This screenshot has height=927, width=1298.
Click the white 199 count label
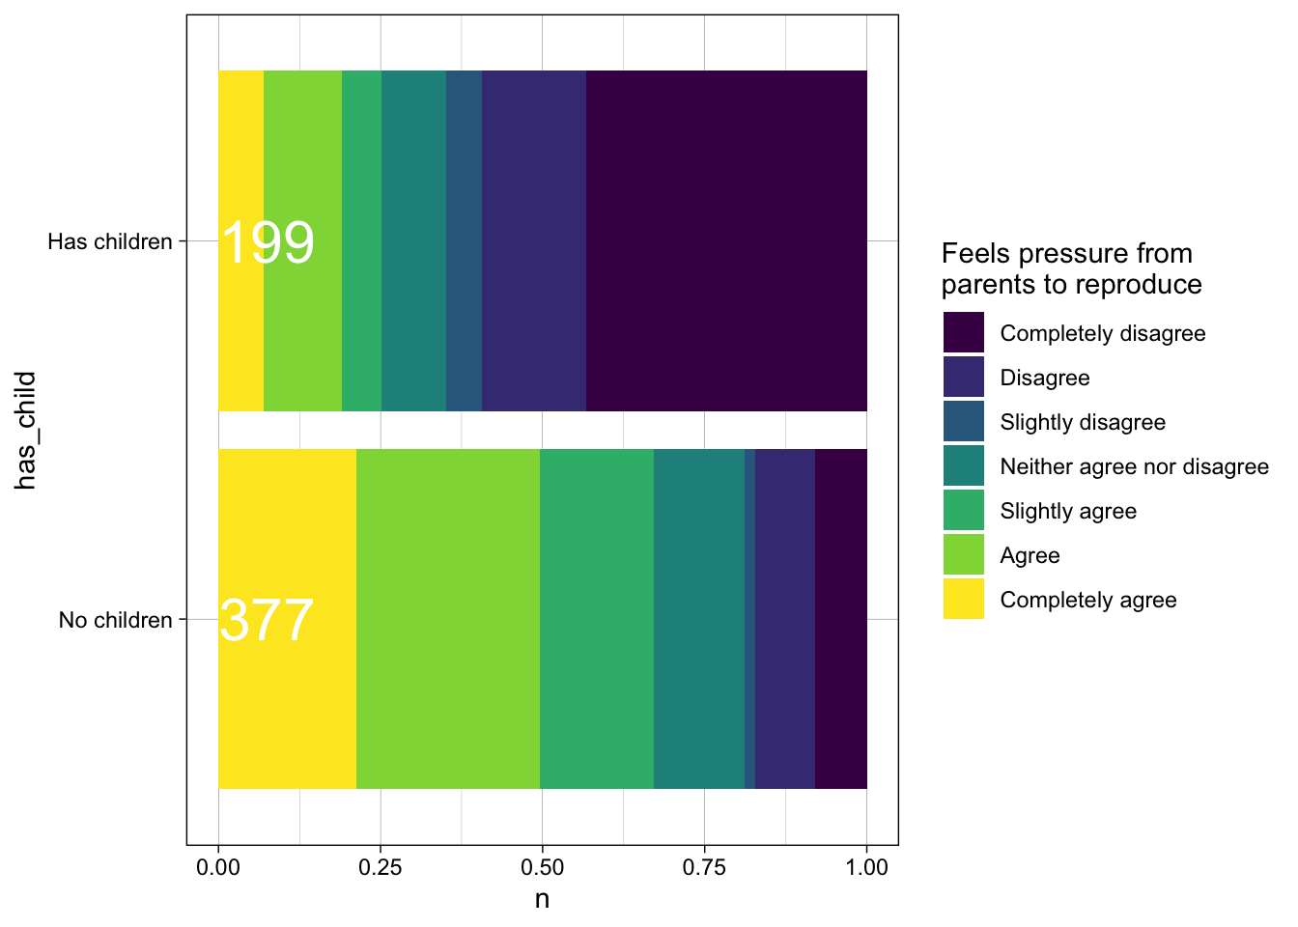coord(268,242)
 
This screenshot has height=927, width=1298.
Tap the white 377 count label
coord(267,620)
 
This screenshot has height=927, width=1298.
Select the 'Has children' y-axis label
coord(110,241)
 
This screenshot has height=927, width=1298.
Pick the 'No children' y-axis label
coord(116,620)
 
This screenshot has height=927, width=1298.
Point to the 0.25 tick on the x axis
coord(380,867)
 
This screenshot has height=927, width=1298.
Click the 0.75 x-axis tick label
coord(704,867)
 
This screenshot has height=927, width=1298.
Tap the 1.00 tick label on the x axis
coord(866,867)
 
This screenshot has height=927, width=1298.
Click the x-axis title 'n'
coord(542,899)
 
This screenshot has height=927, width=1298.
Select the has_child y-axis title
coord(26,430)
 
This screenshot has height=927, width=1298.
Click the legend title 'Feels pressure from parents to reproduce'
coord(1070,268)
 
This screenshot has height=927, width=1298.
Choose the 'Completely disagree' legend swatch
coord(964,333)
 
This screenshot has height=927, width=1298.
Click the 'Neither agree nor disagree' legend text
coord(1134,467)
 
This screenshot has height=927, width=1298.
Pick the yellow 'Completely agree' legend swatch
coord(964,600)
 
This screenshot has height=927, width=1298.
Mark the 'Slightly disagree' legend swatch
coord(964,422)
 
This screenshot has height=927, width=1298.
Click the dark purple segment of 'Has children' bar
coord(726,241)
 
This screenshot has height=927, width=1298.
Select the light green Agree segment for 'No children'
coord(448,619)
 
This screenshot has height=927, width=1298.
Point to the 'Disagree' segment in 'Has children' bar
coord(534,241)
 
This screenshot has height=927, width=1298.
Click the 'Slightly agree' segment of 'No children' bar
coord(597,619)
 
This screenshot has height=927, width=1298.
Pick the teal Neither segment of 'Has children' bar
coord(413,241)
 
